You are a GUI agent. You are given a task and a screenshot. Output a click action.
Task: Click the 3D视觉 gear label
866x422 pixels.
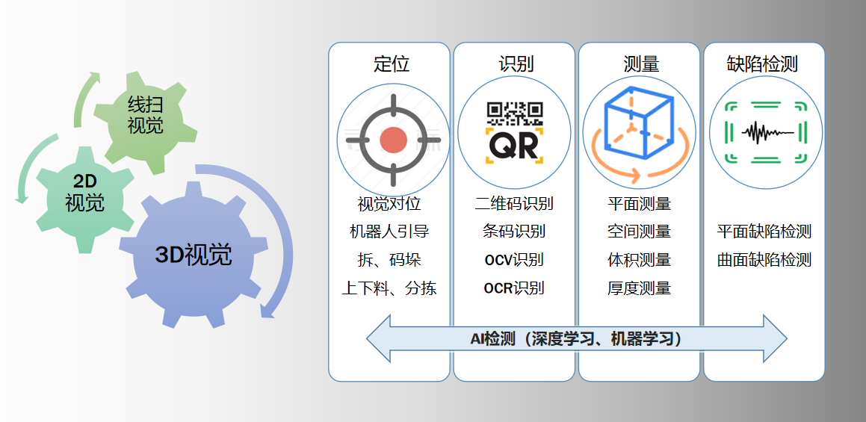pyautogui.click(x=194, y=255)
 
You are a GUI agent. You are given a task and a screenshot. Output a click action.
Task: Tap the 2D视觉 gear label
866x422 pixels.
pyautogui.click(x=84, y=192)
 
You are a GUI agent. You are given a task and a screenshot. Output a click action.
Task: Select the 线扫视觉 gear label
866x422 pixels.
pyautogui.click(x=145, y=115)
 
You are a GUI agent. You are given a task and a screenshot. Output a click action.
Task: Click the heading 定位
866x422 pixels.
pyautogui.click(x=391, y=64)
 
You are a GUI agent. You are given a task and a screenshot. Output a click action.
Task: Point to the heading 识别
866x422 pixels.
pyautogui.click(x=516, y=64)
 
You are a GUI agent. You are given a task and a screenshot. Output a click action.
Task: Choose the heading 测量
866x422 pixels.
pyautogui.click(x=640, y=64)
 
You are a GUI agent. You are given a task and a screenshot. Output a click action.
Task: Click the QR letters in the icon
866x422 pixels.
pyautogui.click(x=514, y=146)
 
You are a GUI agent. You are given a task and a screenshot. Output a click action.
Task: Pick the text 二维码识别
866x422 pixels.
pyautogui.click(x=514, y=203)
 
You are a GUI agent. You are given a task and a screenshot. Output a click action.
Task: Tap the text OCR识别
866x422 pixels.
pyautogui.click(x=514, y=288)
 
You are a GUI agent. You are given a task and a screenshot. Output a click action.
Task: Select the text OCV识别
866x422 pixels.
pyautogui.click(x=514, y=260)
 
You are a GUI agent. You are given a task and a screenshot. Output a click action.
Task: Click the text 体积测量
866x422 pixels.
pyautogui.click(x=639, y=260)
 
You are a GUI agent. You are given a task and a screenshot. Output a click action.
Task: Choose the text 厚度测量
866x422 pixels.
pyautogui.click(x=639, y=288)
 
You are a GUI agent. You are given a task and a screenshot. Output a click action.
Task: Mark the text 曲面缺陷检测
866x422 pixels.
pyautogui.click(x=764, y=260)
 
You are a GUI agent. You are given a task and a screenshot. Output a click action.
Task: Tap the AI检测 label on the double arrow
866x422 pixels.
pyautogui.click(x=576, y=339)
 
